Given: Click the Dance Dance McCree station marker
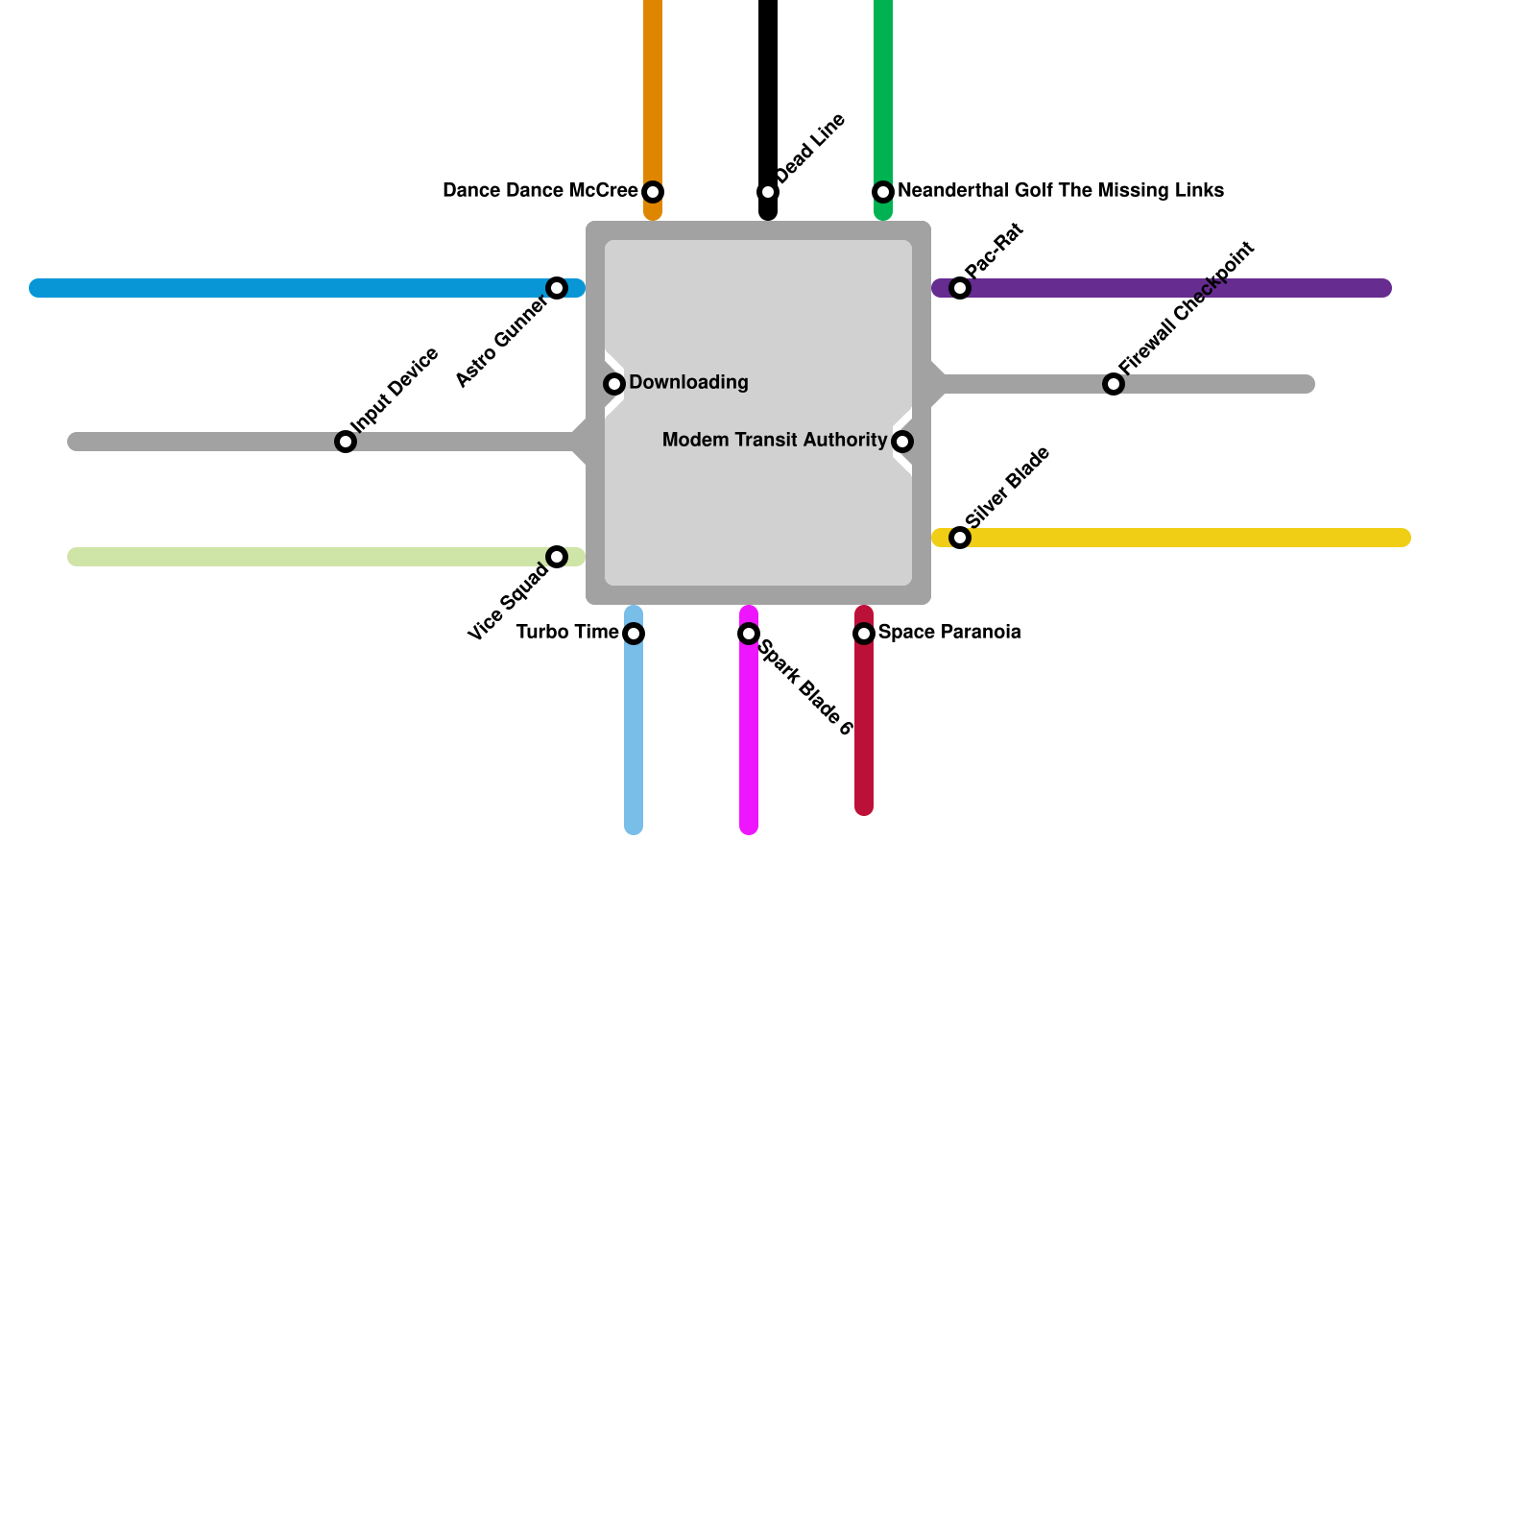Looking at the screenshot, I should coord(653,192).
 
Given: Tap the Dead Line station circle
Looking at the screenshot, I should coord(768,192).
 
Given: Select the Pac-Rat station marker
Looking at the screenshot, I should coord(960,288).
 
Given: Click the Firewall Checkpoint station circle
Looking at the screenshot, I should coord(1114,384).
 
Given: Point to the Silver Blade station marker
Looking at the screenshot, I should coord(960,538).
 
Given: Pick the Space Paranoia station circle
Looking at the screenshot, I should coord(864,634).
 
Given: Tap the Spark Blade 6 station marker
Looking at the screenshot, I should coord(749,634).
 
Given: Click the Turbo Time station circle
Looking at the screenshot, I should coord(634,634).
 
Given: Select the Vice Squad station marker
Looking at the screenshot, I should coord(557,557).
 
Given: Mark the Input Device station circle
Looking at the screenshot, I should coord(346,442).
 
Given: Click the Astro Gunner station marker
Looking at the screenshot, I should coord(557,288).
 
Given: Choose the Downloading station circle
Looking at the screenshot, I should coord(614,384).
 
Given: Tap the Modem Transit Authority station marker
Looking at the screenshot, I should coord(902,442).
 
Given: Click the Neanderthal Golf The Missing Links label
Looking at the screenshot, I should coord(1060,191).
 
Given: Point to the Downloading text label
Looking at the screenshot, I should coord(688,383).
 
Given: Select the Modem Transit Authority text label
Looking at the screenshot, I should coord(774,441).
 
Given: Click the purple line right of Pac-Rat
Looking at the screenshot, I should coord(1181,288).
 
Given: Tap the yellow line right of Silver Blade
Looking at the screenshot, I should coord(1190,538).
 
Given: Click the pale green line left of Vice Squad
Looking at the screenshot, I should coord(307,557).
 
